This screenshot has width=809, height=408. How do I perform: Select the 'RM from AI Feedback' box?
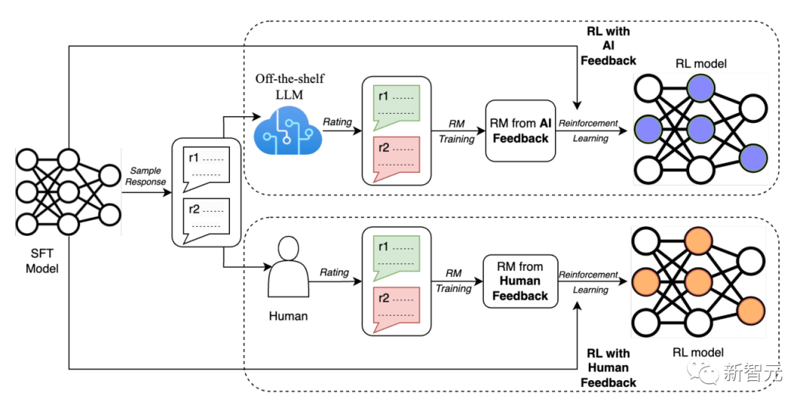pyautogui.click(x=520, y=131)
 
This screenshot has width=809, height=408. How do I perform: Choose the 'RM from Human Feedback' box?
pyautogui.click(x=520, y=281)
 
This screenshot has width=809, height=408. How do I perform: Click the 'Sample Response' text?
pyautogui.click(x=145, y=176)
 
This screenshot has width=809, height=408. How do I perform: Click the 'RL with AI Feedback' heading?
pyautogui.click(x=608, y=46)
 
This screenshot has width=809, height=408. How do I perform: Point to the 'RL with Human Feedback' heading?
pyautogui.click(x=608, y=368)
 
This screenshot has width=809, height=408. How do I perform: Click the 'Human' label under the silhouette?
pyautogui.click(x=288, y=316)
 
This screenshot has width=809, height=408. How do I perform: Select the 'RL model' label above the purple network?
pyautogui.click(x=700, y=64)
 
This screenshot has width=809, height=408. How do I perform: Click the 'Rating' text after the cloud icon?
pyautogui.click(x=336, y=121)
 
